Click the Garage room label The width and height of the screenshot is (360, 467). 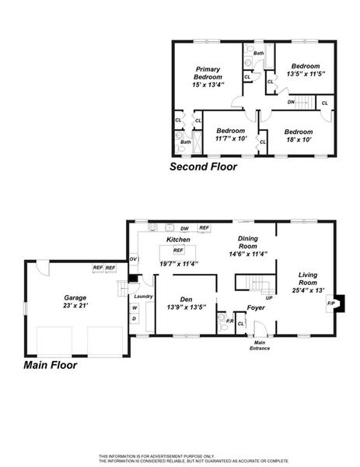pos(75,297)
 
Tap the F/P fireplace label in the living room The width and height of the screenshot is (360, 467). pos(331,304)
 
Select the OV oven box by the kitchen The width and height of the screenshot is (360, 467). pos(133,259)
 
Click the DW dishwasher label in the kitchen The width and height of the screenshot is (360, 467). pos(184,228)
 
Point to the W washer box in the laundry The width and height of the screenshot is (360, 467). pos(135,308)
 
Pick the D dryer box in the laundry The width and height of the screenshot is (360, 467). pos(135,318)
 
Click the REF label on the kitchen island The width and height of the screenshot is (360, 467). pos(178,250)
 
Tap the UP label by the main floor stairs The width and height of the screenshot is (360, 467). pos(269,297)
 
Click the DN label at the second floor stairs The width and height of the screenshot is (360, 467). pos(291,102)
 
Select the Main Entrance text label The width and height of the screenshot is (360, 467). pos(260,346)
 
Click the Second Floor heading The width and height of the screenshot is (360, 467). pos(204,167)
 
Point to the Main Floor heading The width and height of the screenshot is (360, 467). pos(51,365)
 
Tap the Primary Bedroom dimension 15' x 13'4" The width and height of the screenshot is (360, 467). pos(208,85)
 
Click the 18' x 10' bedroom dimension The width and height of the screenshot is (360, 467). pos(299,139)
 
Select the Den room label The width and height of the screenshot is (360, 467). pos(187,300)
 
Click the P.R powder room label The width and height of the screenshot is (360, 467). pos(229,321)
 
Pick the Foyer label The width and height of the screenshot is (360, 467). pos(256,307)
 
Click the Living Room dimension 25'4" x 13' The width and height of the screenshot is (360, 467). pos(308,290)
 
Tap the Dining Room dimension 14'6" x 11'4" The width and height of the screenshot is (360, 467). pos(248,254)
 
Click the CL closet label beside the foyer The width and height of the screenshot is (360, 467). pos(241,324)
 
